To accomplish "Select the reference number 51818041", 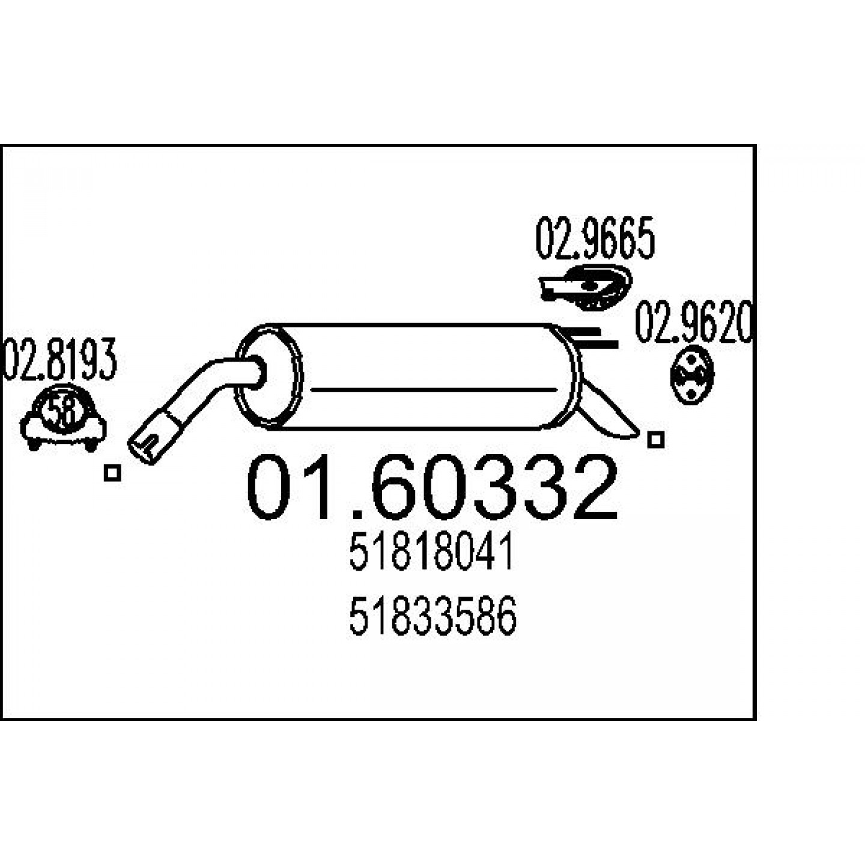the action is click(x=431, y=555).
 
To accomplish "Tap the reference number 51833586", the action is click(x=432, y=616).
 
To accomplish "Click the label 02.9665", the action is click(x=595, y=238).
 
